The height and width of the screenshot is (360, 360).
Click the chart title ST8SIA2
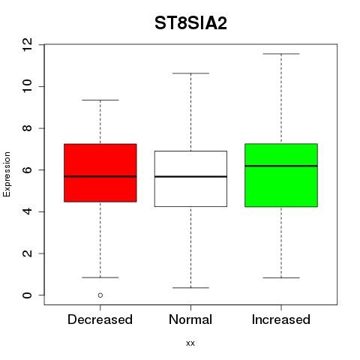pyautogui.click(x=190, y=23)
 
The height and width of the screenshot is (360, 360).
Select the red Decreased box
pyautogui.click(x=100, y=172)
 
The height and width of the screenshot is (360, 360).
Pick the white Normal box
pyautogui.click(x=190, y=178)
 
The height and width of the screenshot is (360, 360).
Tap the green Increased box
pyautogui.click(x=281, y=175)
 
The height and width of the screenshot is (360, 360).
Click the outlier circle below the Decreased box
pyautogui.click(x=100, y=295)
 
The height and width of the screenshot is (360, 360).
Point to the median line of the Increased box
pyautogui.click(x=281, y=166)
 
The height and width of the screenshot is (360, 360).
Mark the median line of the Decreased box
pyautogui.click(x=100, y=176)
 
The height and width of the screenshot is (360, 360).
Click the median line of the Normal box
pyautogui.click(x=190, y=176)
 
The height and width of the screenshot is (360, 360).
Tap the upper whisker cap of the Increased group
pyautogui.click(x=281, y=54)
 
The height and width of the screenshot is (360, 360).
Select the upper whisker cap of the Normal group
pyautogui.click(x=190, y=73)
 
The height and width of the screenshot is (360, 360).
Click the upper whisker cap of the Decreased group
pyautogui.click(x=100, y=100)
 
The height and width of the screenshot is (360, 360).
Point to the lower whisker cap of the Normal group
pyautogui.click(x=190, y=288)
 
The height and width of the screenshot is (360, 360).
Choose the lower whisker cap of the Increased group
pyautogui.click(x=281, y=277)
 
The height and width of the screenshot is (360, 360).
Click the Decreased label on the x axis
pyautogui.click(x=100, y=319)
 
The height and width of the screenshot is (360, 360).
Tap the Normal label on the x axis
pyautogui.click(x=190, y=319)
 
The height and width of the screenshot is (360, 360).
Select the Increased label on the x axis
pyautogui.click(x=281, y=319)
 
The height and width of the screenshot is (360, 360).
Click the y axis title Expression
pyautogui.click(x=7, y=174)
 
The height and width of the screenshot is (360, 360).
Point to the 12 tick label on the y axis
pyautogui.click(x=28, y=45)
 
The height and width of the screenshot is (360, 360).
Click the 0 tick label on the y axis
pyautogui.click(x=28, y=295)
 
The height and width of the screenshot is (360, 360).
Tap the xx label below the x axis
pyautogui.click(x=190, y=343)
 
